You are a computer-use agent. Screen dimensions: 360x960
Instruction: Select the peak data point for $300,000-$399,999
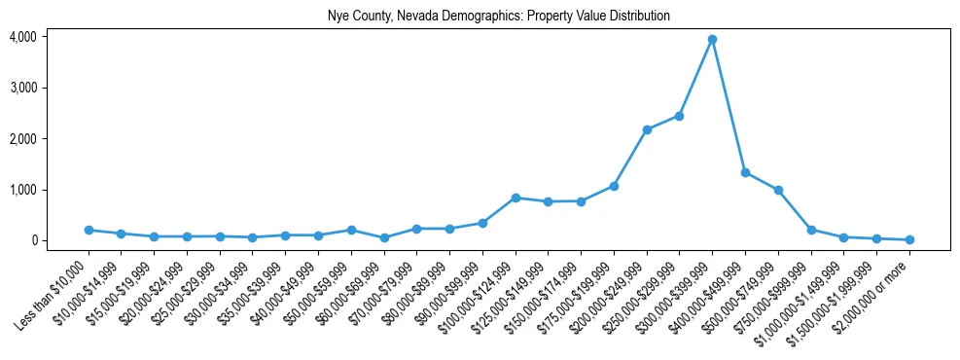tap(712, 39)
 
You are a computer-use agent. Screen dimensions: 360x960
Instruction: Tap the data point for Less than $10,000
tap(89, 230)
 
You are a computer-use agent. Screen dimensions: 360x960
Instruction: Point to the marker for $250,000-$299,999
tap(679, 116)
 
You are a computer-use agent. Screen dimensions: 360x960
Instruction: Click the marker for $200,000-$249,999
tap(647, 129)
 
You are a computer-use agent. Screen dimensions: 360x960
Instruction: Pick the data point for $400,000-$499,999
tap(745, 172)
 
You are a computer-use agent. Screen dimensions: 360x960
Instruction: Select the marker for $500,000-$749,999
tap(778, 190)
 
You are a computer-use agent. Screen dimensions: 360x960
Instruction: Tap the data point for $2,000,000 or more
tap(909, 239)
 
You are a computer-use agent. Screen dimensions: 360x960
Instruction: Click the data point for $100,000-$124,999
tap(516, 198)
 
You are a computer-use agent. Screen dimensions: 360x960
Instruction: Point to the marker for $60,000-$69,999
tap(384, 237)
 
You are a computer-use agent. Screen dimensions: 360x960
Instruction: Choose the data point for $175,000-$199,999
tap(614, 186)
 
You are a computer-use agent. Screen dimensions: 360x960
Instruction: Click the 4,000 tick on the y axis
tap(22, 37)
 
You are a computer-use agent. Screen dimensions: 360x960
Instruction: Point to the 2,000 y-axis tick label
tap(22, 138)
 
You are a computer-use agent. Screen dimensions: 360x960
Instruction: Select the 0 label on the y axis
tap(33, 240)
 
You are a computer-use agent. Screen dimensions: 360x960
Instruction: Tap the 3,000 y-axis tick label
tap(22, 88)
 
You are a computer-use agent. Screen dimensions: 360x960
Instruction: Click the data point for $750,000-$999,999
tap(811, 230)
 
